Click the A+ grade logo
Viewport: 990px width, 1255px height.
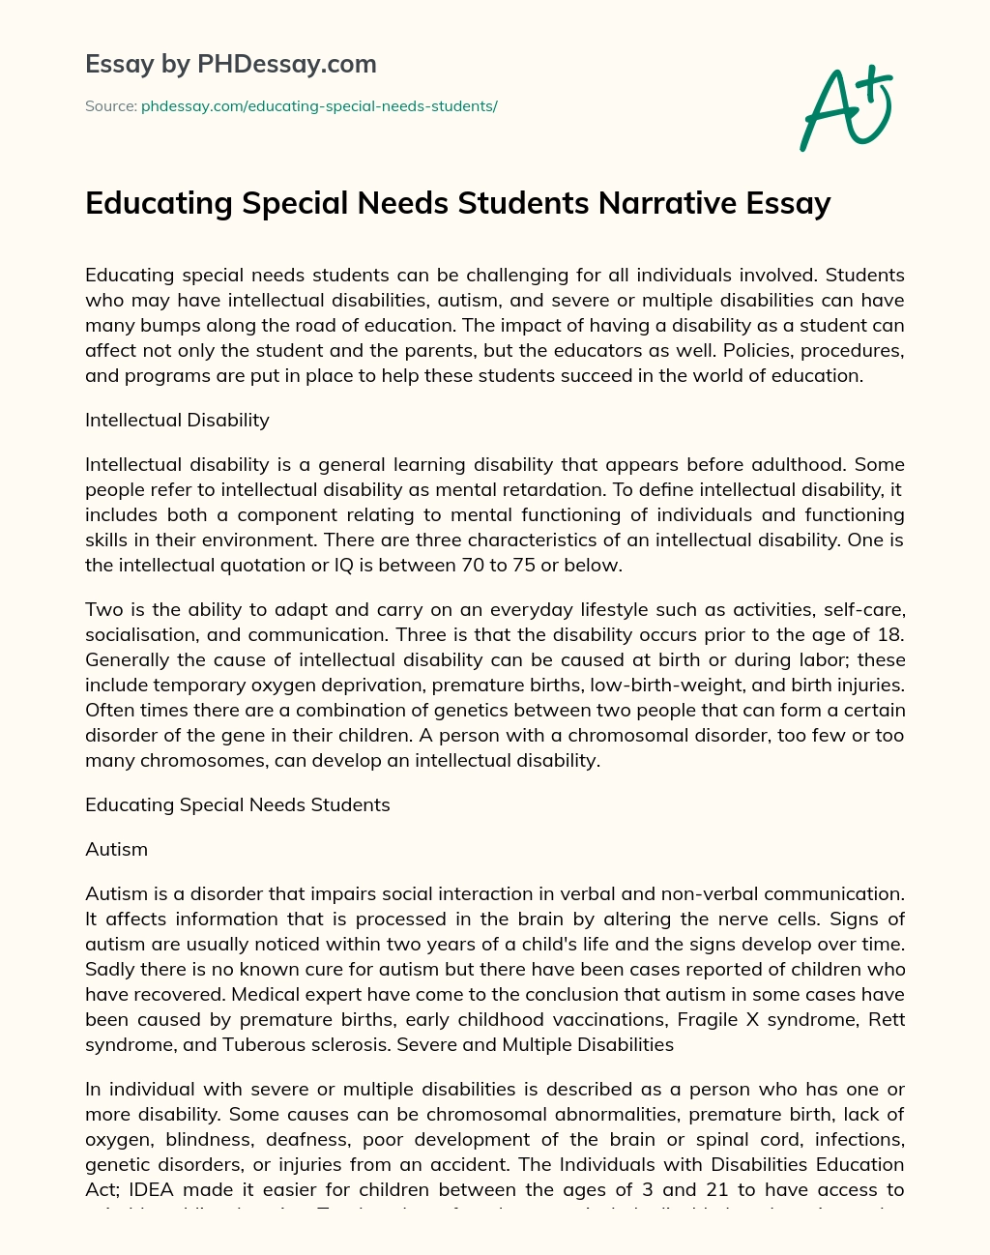845,108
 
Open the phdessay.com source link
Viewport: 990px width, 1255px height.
319,106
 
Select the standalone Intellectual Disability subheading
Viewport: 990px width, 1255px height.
177,420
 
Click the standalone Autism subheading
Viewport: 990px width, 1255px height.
116,849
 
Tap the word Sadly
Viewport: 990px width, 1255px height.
110,969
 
